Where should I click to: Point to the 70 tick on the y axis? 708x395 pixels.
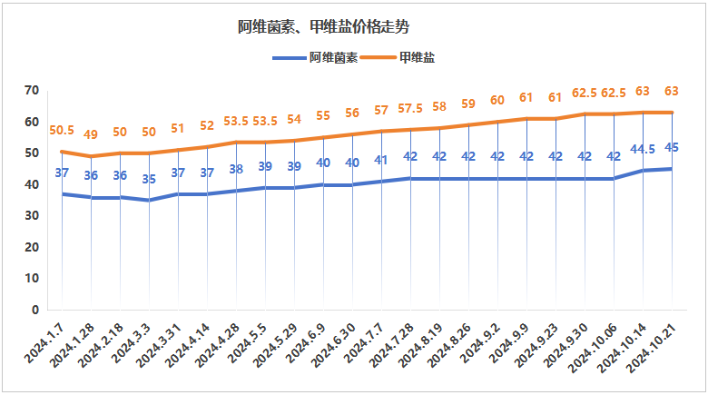point(33,90)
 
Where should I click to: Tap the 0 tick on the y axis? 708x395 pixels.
point(36,310)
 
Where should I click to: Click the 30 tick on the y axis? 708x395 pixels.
point(33,216)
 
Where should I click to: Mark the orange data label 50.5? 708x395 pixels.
point(61,131)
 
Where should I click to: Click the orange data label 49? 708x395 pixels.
point(91,135)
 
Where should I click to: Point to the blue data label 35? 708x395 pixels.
point(149,179)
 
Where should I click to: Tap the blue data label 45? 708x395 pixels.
point(672,147)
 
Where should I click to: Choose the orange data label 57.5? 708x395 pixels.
point(410,109)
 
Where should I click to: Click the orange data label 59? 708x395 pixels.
point(468,103)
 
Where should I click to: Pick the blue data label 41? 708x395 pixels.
point(381,161)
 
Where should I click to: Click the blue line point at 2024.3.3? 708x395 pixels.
point(149,200)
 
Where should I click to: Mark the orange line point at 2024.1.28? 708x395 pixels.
point(91,156)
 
